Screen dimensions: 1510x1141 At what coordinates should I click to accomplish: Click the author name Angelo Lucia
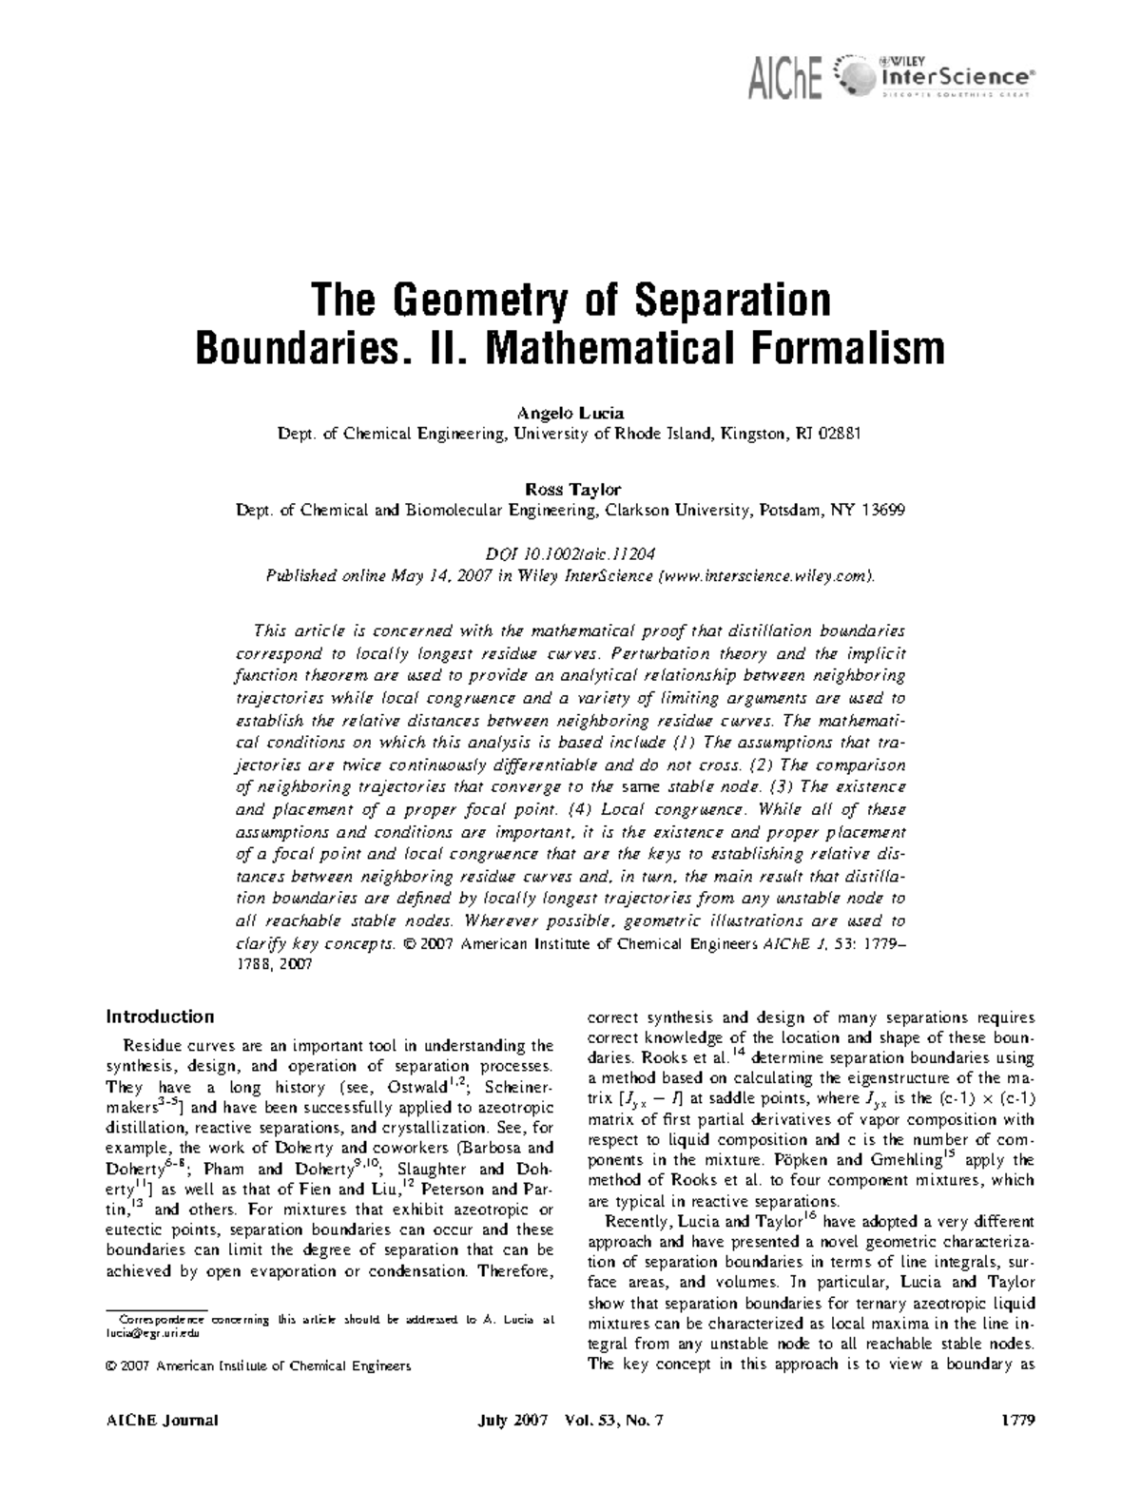[570, 414]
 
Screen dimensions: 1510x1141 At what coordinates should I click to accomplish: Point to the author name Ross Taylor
[571, 489]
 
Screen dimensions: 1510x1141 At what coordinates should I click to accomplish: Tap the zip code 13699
[881, 510]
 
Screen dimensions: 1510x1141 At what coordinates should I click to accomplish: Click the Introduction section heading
[160, 1016]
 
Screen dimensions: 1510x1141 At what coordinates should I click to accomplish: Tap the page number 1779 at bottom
[1017, 1421]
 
